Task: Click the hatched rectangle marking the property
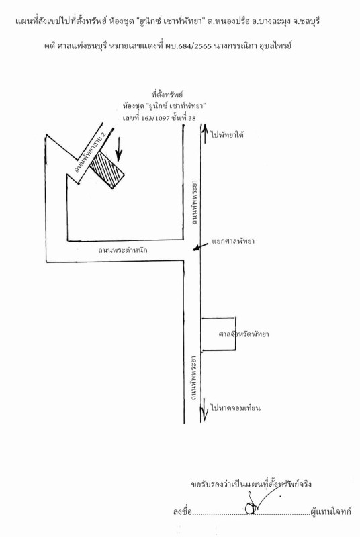coord(107,170)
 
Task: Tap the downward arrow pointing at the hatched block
coord(118,149)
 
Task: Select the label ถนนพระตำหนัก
coord(123,250)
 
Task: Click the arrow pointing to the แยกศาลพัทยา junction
coord(200,246)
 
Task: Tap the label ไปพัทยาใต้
coord(228,135)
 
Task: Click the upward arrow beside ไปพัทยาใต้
coord(204,133)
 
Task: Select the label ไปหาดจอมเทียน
coord(236,408)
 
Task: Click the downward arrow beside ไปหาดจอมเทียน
coord(204,409)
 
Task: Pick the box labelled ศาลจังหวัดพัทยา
coord(218,334)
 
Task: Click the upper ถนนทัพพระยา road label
coord(195,201)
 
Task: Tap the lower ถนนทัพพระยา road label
coord(195,379)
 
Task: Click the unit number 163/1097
coord(156,118)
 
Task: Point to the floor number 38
coord(192,118)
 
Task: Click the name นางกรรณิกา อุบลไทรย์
coord(253,46)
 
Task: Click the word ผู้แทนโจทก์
coord(330,512)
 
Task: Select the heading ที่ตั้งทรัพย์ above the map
coord(167,94)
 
